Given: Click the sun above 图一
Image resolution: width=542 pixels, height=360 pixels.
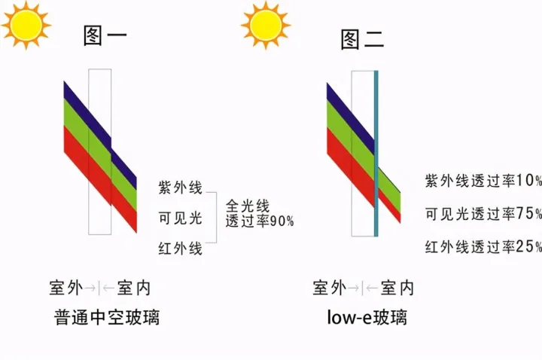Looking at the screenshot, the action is tap(26, 25).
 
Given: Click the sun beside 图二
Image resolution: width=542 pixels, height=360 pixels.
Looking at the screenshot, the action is tap(266, 26).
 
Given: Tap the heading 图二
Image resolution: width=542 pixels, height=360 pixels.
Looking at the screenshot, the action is tap(363, 39).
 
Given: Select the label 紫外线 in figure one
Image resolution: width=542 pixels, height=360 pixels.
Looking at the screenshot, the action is tap(180, 188).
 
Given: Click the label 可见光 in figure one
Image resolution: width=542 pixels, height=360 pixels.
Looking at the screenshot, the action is tap(180, 218).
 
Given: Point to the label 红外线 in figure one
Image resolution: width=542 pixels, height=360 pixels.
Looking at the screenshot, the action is tap(180, 249).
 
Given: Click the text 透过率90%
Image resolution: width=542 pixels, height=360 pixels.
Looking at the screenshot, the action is tap(260, 221).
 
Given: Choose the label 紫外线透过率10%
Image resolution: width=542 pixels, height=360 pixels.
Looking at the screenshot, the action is tap(483, 181).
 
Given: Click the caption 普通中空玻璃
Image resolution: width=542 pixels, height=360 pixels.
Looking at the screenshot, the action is tap(107, 317).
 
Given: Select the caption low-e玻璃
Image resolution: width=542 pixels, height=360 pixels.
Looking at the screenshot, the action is tap(367, 317).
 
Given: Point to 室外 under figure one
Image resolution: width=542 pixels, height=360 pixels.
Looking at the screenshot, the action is tap(66, 288).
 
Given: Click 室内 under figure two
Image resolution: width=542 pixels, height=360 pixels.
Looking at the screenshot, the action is tap(397, 288).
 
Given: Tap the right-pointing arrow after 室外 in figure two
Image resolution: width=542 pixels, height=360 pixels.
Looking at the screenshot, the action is tap(353, 288).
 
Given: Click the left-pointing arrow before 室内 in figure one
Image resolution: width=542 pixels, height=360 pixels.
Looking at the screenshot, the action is tap(108, 288).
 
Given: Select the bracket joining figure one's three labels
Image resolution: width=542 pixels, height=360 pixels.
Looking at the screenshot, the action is tap(216, 218).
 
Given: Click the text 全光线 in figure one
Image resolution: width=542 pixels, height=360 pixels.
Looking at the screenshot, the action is tap(248, 206).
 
